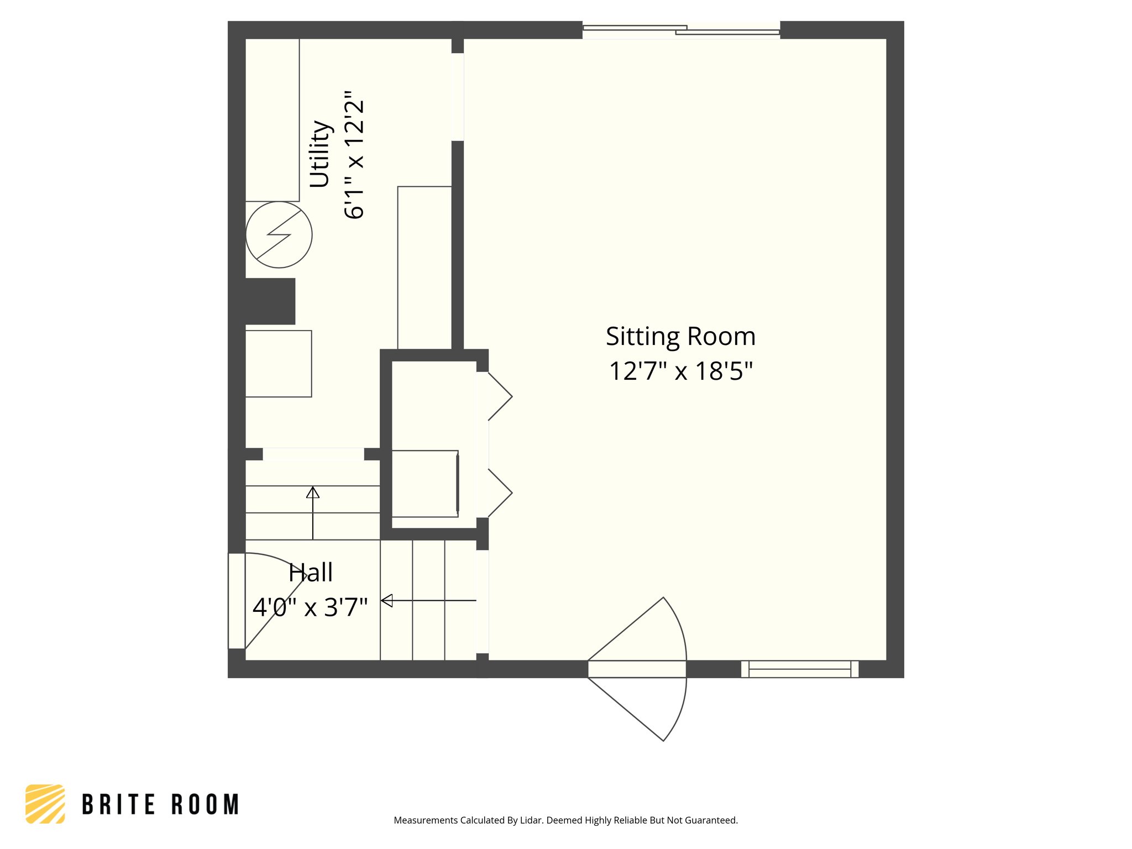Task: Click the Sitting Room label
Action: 680,337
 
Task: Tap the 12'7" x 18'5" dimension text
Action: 680,371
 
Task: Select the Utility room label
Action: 320,154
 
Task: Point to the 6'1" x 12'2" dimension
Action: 354,155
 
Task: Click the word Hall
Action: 311,573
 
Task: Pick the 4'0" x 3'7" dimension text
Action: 310,607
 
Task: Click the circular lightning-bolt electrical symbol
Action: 279,235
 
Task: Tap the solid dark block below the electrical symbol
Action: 270,301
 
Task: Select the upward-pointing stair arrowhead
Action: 313,492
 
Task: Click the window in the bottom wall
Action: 799,669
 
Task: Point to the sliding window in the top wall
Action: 681,31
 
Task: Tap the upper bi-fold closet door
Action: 499,396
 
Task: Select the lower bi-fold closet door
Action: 499,493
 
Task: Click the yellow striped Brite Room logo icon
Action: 45,804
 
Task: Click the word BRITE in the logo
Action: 118,805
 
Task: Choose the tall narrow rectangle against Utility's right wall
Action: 424,268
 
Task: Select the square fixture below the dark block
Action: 279,364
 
